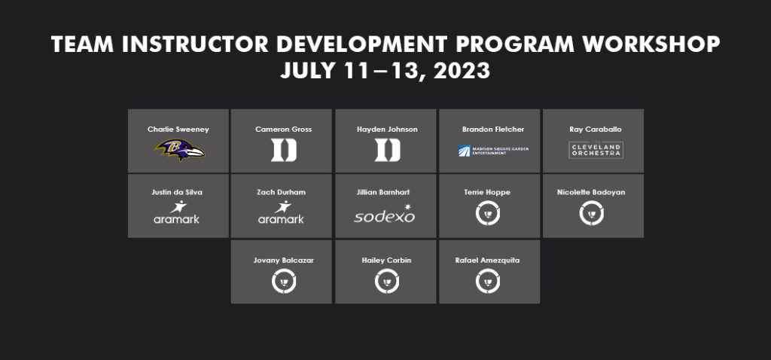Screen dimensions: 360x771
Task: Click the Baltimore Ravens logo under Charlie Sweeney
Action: coord(179,150)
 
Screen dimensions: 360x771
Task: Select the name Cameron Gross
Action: coord(283,130)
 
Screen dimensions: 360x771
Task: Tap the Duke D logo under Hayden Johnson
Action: coord(387,150)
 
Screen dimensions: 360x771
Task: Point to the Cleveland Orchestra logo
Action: coord(596,149)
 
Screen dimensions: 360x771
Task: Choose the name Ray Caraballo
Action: coord(596,130)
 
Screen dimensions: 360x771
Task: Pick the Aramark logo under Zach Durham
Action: coord(281,213)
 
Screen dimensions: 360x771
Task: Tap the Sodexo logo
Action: coord(385,214)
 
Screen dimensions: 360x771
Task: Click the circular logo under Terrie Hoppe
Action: coord(489,214)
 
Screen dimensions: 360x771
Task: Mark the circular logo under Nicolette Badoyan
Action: coord(591,214)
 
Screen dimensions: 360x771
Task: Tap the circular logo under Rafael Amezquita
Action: coord(489,282)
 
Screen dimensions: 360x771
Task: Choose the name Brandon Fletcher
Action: coord(493,130)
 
